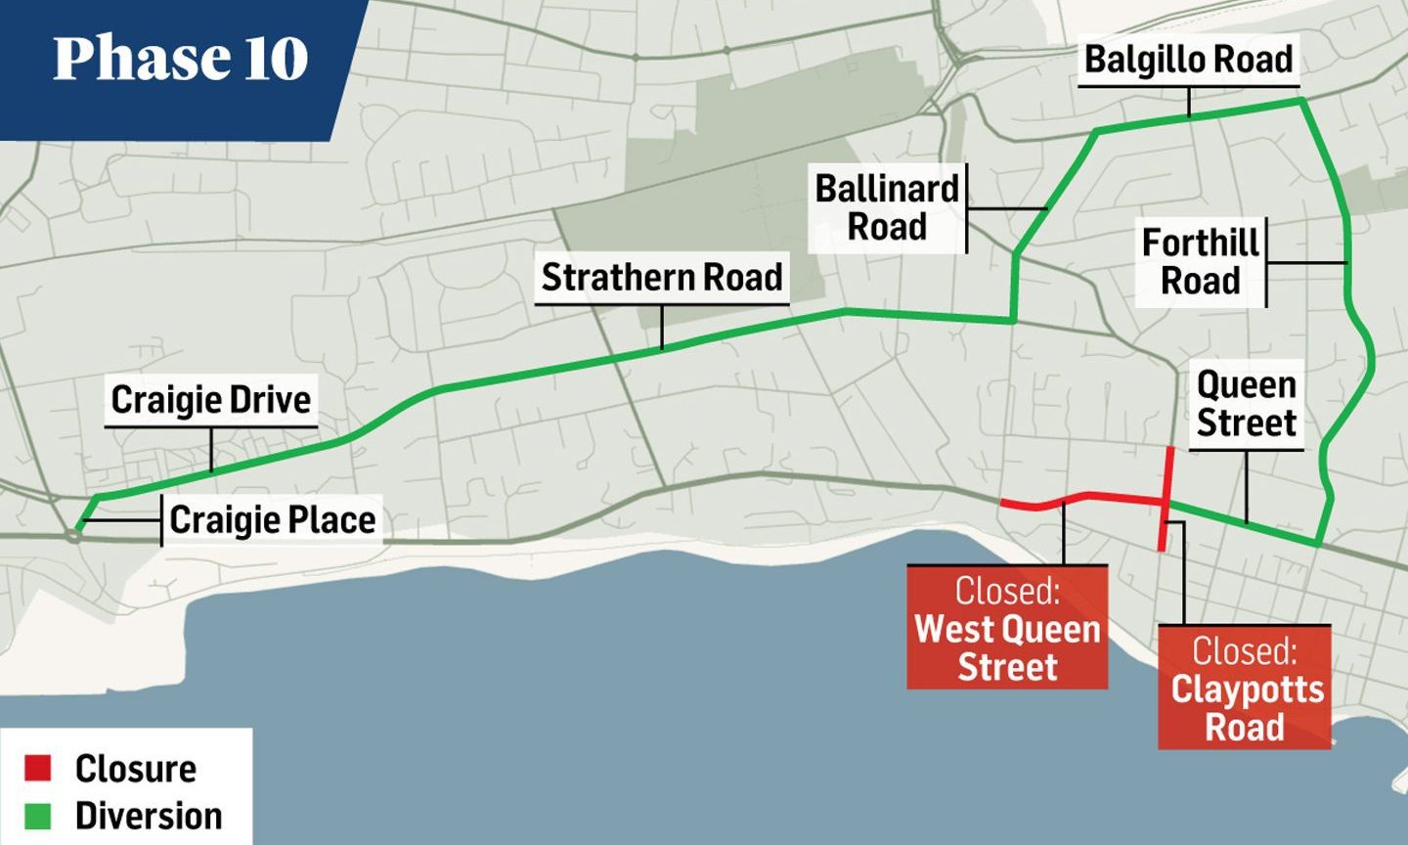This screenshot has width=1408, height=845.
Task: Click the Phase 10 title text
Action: click(181, 59)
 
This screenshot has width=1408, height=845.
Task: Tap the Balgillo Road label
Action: click(1189, 60)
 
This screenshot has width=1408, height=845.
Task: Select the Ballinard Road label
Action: click(887, 207)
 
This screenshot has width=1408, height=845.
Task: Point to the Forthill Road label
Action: click(1201, 261)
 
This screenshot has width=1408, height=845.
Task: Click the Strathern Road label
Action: click(662, 277)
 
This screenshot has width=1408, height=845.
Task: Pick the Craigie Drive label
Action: click(210, 399)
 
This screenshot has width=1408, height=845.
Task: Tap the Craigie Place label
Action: click(273, 519)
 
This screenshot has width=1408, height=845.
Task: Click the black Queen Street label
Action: click(1246, 404)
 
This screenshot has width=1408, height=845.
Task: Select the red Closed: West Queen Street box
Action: click(1007, 628)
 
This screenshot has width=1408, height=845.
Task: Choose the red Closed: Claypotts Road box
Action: click(1245, 688)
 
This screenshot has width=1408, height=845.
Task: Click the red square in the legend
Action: click(38, 769)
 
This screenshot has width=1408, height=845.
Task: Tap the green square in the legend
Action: click(38, 816)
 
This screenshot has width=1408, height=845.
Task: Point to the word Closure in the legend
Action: click(136, 769)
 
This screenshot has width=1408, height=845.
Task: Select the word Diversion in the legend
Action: click(149, 816)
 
